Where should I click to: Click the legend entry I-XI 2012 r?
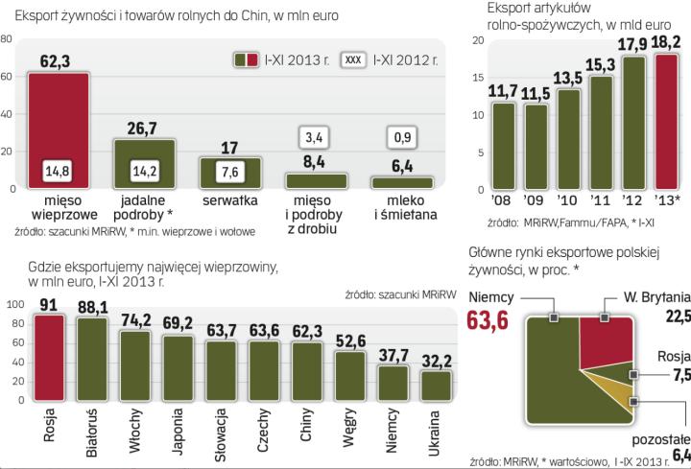point(402,59)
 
